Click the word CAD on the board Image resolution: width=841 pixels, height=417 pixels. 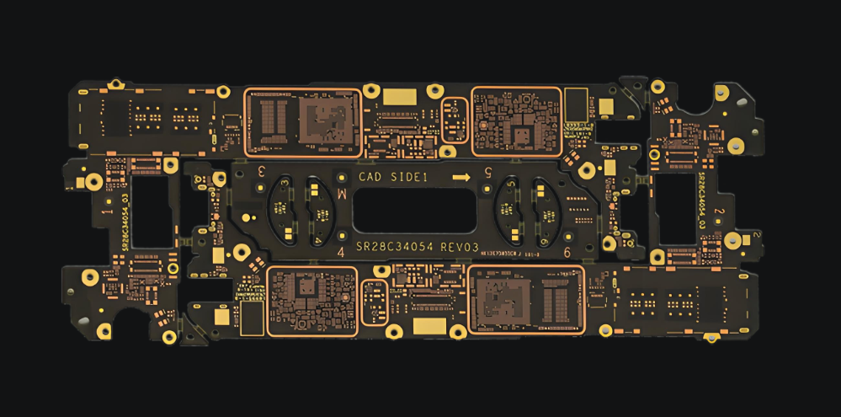coord(370,177)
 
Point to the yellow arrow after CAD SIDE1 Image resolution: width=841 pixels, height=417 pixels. coord(460,177)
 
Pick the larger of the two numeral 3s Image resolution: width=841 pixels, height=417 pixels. coord(262,171)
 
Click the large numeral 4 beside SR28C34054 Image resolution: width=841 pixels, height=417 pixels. coord(340,252)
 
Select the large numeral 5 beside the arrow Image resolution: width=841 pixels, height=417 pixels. coord(487,173)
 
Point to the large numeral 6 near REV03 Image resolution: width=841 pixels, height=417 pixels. coord(567,252)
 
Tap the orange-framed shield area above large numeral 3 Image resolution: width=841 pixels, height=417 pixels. coord(302,122)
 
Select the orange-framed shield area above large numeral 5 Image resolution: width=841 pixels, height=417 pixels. coord(516,121)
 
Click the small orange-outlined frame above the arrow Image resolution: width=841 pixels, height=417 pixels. coord(455,120)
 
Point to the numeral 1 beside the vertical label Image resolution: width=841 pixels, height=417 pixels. coord(104,214)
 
